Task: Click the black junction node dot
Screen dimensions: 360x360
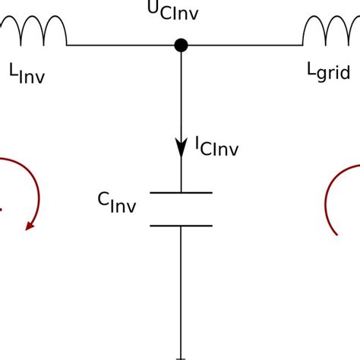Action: [x=181, y=46]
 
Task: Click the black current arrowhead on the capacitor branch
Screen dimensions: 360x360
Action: [x=181, y=147]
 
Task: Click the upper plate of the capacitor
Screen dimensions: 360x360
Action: [x=181, y=193]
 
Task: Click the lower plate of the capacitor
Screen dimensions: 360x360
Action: [x=181, y=225]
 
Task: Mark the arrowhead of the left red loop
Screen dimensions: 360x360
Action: [x=31, y=224]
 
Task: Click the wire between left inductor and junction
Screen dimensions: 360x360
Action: [x=122, y=46]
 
